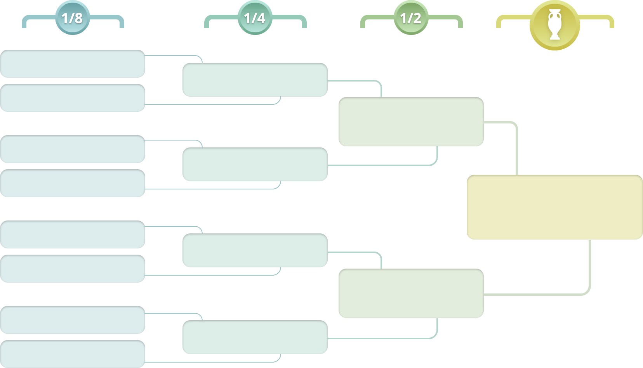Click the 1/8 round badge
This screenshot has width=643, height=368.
click(x=73, y=18)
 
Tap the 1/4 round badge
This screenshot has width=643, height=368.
click(x=255, y=18)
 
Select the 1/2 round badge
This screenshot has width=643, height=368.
click(x=411, y=18)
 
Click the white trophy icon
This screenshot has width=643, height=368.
click(x=555, y=25)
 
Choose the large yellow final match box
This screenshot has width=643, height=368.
click(x=555, y=207)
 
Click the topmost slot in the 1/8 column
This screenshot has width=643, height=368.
click(x=73, y=64)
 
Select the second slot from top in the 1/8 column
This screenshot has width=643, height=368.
click(x=73, y=98)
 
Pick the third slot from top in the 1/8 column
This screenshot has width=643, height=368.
click(x=73, y=149)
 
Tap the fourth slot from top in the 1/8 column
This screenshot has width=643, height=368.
click(x=73, y=183)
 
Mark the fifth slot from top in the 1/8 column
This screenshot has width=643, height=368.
click(x=73, y=234)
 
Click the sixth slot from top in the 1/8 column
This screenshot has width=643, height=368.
click(x=73, y=269)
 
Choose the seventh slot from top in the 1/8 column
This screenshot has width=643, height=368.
click(x=73, y=320)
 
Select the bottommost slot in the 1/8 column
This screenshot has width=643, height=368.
click(x=73, y=354)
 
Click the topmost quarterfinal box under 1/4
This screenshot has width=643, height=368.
click(x=255, y=80)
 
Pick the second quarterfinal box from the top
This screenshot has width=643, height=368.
click(x=255, y=164)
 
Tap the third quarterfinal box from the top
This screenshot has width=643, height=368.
click(x=255, y=250)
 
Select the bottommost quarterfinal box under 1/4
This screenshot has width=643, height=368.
click(x=255, y=337)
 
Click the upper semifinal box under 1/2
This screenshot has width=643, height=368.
click(x=411, y=122)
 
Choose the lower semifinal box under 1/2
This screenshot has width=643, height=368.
click(x=411, y=293)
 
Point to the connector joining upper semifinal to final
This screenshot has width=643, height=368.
click(x=501, y=148)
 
